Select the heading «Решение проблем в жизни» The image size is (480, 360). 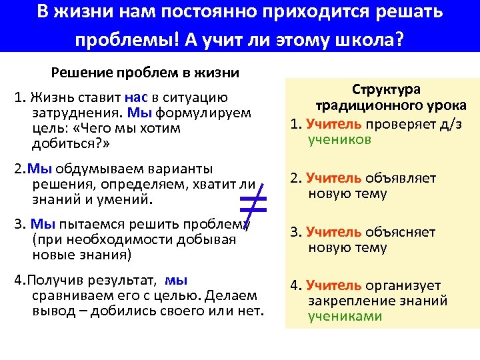click(x=145, y=72)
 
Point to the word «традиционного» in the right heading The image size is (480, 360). click(x=353, y=106)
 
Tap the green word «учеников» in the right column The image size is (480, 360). click(x=339, y=140)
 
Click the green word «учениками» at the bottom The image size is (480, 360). click(x=344, y=317)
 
